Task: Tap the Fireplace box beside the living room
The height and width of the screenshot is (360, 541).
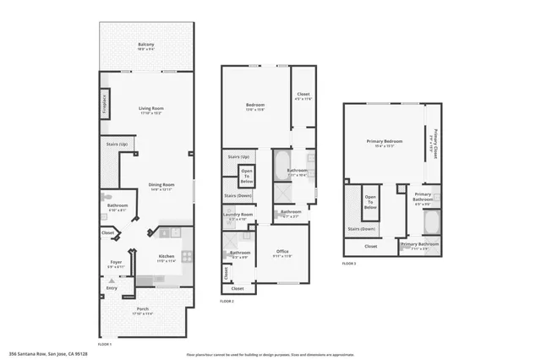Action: pos(105,101)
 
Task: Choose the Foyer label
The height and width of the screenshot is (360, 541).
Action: pos(116,263)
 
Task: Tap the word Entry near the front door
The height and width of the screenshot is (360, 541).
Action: pos(112,288)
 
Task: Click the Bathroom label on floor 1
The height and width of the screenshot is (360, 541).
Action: pos(117,206)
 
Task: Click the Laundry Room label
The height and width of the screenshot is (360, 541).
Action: pos(238,215)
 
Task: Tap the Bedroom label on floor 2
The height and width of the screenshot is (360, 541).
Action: pos(255,105)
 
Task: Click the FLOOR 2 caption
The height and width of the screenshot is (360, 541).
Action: pos(227,301)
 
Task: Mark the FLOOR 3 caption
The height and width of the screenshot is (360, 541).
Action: pos(350,265)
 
